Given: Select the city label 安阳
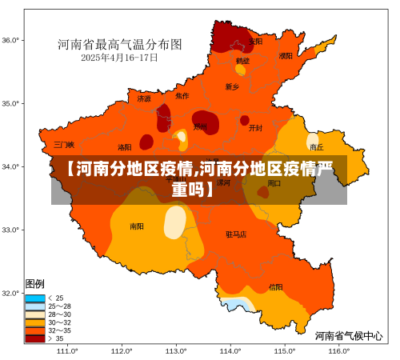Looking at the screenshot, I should point(255,41).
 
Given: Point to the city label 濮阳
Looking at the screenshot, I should point(286,56).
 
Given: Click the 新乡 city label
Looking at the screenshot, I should point(232,86).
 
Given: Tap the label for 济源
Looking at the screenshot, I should point(144,99).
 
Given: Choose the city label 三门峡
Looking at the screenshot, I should point(64,145).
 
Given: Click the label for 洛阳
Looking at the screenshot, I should point(125,147).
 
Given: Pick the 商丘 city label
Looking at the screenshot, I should point(316,147).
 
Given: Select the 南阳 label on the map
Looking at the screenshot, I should point(137,226).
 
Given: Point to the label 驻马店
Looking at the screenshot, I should point(236,234).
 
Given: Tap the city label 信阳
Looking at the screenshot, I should point(275,286).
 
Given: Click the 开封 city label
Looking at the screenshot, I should point(255,127).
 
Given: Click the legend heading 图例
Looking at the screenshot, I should point(35,284).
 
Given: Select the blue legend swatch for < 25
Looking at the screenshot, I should point(35,298).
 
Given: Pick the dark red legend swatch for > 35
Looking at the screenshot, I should point(35,338).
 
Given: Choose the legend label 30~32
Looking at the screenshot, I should point(60,322).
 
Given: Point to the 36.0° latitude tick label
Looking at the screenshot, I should point(11,39).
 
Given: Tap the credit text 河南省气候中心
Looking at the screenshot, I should point(348,336).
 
